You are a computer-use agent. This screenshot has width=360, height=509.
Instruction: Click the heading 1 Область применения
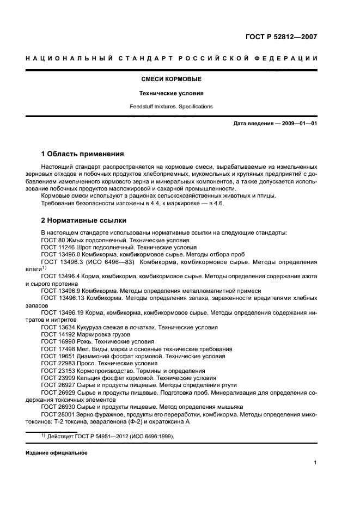[82, 154]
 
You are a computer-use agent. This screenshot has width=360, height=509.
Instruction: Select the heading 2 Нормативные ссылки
[84, 220]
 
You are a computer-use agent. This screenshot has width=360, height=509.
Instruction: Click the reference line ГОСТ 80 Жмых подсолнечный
[115, 240]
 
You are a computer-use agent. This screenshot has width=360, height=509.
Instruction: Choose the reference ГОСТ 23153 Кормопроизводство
[123, 370]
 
